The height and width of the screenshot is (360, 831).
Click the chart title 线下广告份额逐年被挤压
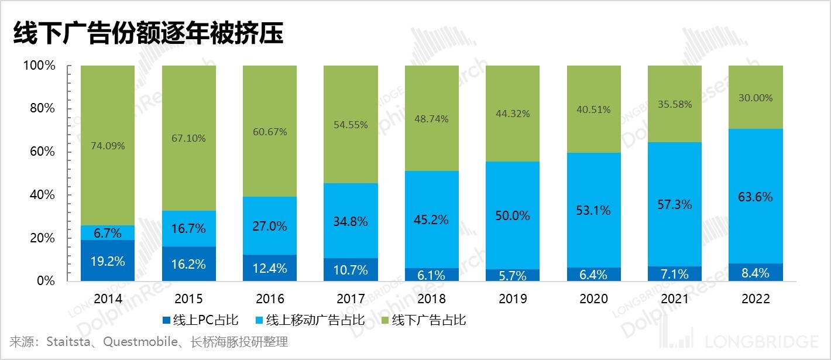tap(148, 34)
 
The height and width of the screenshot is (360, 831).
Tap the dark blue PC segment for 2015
tap(188, 263)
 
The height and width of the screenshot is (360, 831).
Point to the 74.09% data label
tap(108, 146)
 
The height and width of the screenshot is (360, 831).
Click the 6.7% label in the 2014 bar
tap(108, 234)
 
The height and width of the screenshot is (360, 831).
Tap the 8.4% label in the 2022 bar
tap(755, 273)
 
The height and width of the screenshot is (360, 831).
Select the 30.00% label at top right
tap(755, 98)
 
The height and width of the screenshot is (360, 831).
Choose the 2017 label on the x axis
tap(351, 299)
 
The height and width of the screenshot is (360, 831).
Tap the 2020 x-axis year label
tap(593, 299)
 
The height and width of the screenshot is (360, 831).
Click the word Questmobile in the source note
tap(140, 342)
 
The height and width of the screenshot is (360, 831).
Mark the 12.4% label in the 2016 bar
tap(270, 269)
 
